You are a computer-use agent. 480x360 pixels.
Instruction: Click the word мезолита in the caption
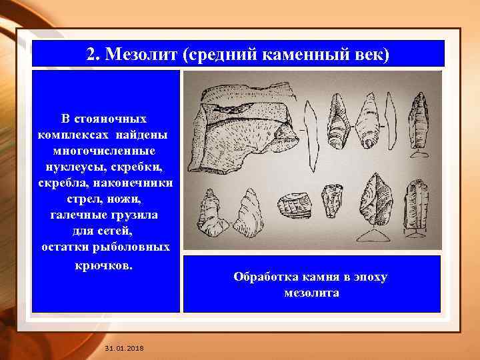point(311,293)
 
